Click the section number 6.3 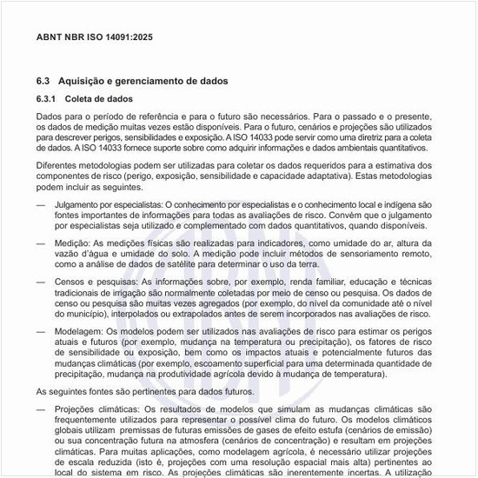point(44,81)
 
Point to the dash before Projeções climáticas point(41,408)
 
